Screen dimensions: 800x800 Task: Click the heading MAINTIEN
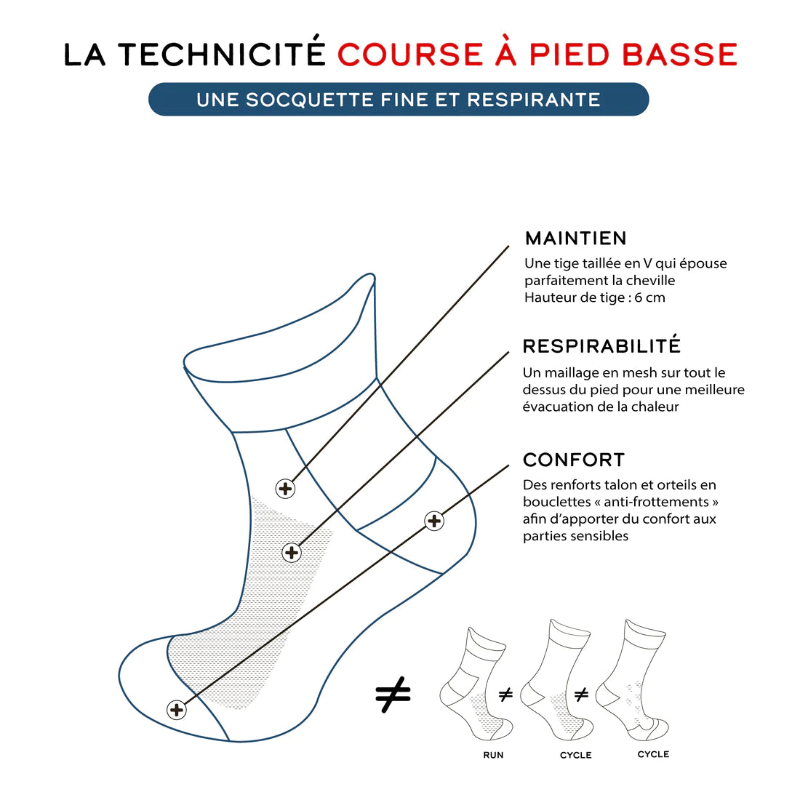[x=575, y=239]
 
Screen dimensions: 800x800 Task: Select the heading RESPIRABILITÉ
[x=601, y=346]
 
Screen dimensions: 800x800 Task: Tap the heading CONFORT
[x=574, y=460]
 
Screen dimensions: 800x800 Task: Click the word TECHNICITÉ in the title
[x=221, y=55]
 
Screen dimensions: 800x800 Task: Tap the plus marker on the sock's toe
[x=176, y=710]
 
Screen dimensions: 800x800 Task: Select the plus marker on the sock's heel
[x=434, y=521]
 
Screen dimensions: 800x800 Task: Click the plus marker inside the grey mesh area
[x=292, y=553]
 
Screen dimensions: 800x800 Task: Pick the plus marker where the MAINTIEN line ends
[x=286, y=489]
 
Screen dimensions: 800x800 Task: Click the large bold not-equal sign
[x=393, y=696]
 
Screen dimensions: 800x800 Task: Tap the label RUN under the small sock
[x=493, y=755]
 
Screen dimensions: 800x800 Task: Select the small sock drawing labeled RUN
[x=476, y=684]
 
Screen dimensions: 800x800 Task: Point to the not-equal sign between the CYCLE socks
[x=581, y=695]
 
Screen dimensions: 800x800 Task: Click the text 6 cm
[x=649, y=297]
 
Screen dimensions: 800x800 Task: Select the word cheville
[x=651, y=281]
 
